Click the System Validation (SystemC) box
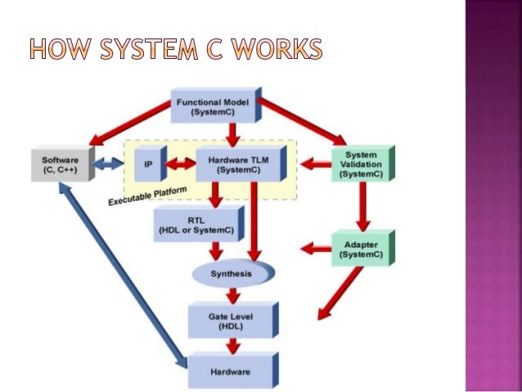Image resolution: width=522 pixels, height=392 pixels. tap(361, 164)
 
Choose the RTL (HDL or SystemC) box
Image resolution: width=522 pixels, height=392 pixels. tap(196, 225)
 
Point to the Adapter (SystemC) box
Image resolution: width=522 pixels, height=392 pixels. tap(360, 249)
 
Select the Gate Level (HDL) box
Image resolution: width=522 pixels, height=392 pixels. tap(220, 320)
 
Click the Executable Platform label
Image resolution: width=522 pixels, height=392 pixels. tap(147, 196)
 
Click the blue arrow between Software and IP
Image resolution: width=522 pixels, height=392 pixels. tap(106, 164)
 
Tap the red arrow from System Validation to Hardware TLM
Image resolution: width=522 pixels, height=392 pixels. tap(313, 164)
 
